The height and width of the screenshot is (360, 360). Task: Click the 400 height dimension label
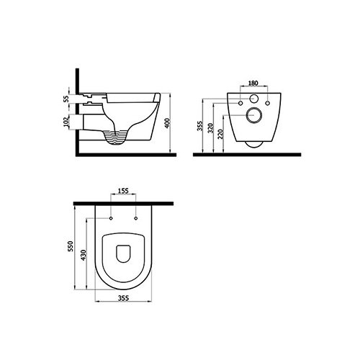pos(168,123)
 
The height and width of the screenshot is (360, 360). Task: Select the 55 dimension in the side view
pos(66,99)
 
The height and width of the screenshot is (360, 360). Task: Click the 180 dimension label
pos(253,83)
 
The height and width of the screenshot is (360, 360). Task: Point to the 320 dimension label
pos(210,128)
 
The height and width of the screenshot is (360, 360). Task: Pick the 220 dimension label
pos(221,134)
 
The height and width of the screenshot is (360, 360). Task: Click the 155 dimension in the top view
pos(123,191)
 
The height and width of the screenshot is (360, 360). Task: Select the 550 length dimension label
pos(70,246)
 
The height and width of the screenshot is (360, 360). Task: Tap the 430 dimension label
pos(84,255)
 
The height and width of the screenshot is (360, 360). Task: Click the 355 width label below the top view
pos(123,298)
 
